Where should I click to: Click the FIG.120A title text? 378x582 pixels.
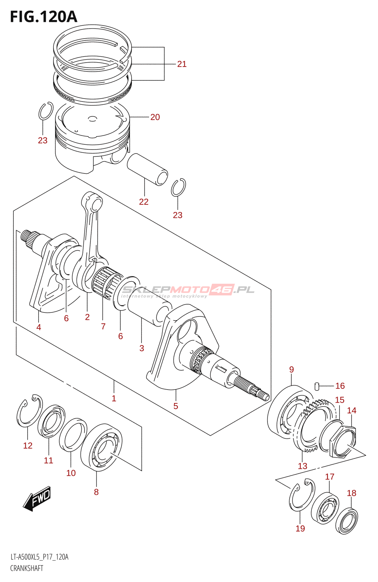click(44, 17)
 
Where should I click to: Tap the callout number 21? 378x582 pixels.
click(182, 64)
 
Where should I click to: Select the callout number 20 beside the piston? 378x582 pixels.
click(155, 117)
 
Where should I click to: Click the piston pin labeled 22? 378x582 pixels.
click(147, 169)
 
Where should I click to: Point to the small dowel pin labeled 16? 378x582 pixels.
click(317, 386)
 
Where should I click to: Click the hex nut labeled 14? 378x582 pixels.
click(343, 442)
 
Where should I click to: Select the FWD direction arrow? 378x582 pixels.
click(37, 498)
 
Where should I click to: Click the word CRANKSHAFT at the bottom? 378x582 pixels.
click(27, 568)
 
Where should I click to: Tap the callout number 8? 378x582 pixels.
click(96, 492)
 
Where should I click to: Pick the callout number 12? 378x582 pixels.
click(28, 446)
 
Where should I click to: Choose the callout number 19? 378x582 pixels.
click(300, 529)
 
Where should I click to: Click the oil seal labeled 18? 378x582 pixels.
click(346, 521)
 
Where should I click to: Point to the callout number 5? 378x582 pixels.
click(176, 406)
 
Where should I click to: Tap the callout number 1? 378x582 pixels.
click(114, 398)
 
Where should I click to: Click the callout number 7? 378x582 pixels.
click(103, 326)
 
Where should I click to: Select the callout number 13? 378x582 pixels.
click(302, 466)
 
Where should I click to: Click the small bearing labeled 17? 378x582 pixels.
click(325, 508)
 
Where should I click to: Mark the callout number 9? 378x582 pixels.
click(291, 370)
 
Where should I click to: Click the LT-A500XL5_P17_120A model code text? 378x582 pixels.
click(39, 557)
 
